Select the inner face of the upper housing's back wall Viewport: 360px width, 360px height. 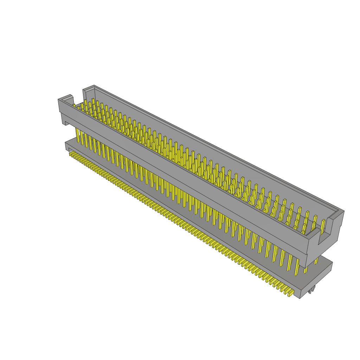click(x=211, y=148)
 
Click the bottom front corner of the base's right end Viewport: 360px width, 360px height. click(x=300, y=298)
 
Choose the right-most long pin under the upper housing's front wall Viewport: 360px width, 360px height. click(x=297, y=267)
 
